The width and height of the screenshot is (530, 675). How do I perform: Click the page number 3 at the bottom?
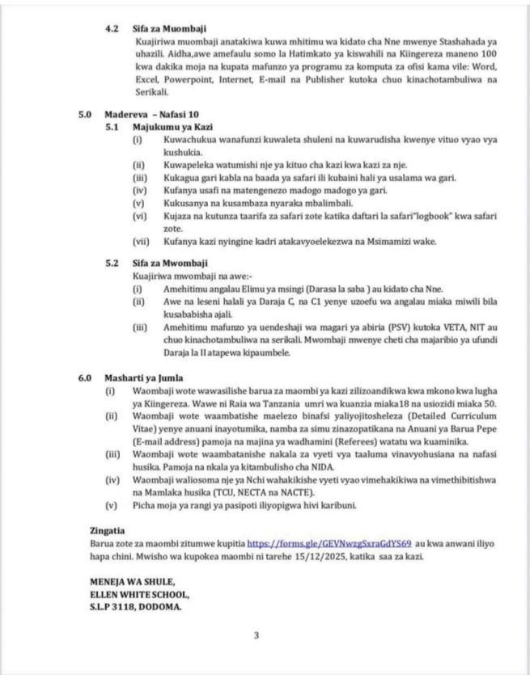click(257, 635)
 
